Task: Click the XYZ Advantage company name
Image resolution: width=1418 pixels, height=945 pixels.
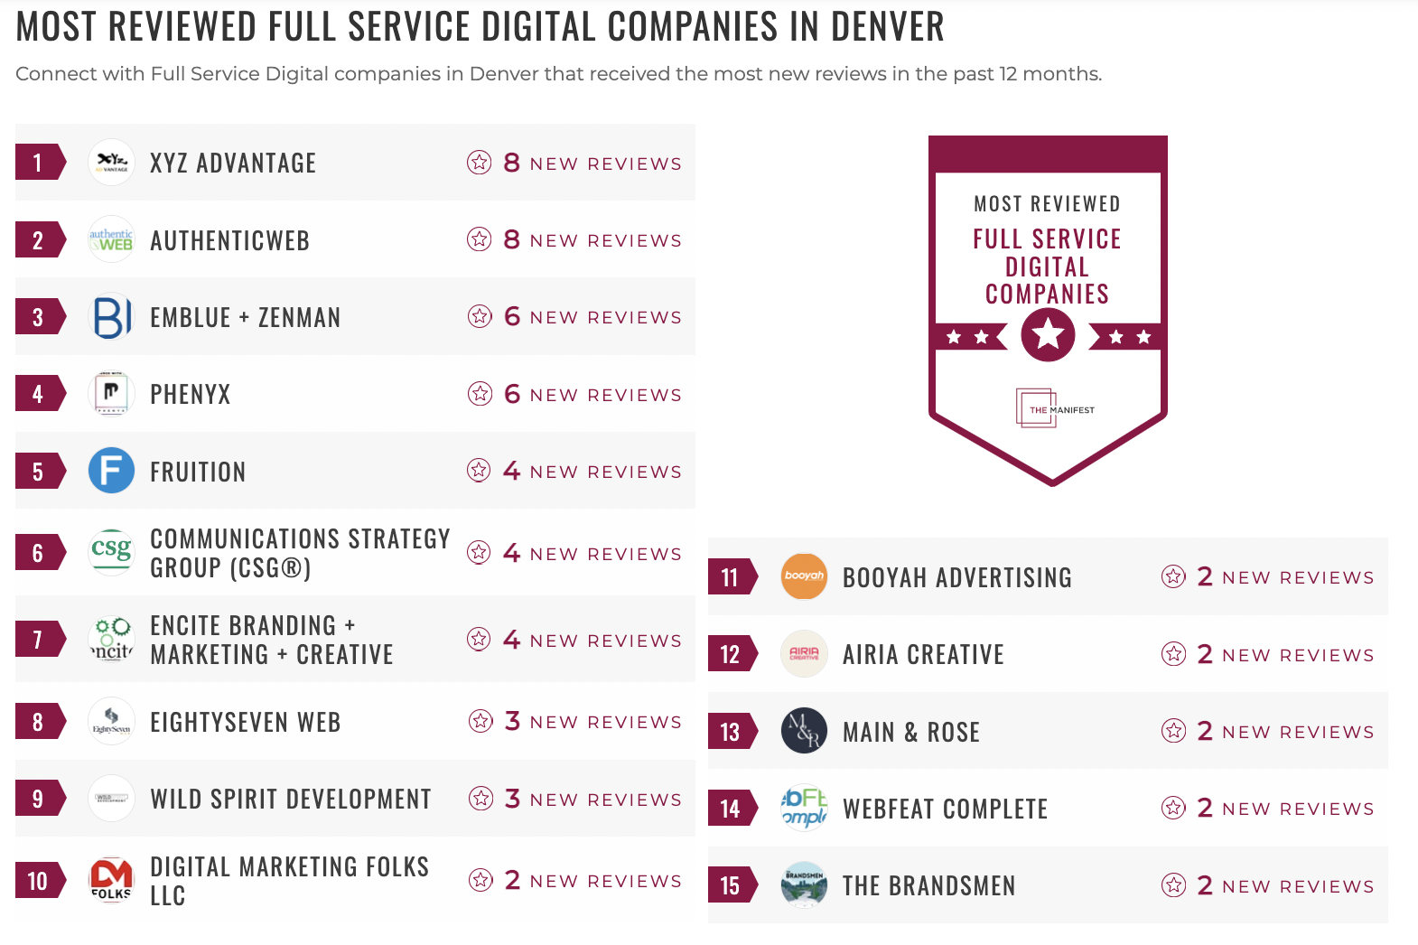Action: point(233,164)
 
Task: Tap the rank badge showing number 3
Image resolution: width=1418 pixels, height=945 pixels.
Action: point(38,317)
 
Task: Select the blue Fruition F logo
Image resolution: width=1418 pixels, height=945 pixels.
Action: point(111,471)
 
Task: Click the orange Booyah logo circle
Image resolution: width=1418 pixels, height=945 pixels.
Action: point(804,576)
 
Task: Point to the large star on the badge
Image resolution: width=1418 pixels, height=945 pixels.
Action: point(1048,335)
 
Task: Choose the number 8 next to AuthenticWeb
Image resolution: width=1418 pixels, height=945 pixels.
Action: point(511,239)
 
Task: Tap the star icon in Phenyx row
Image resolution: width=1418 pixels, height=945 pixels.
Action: point(480,394)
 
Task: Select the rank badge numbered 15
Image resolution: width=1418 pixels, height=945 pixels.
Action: point(730,885)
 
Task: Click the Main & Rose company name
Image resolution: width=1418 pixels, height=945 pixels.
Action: point(910,732)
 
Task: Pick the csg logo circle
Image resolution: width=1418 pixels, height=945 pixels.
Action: point(111,551)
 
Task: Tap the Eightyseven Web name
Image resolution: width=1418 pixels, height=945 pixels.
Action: point(245,722)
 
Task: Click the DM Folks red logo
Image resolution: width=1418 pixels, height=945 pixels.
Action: point(111,880)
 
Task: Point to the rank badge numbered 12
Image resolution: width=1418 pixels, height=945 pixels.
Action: point(730,654)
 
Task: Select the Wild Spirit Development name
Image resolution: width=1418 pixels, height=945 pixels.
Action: point(290,799)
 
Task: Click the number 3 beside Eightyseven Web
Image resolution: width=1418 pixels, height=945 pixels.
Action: point(512,721)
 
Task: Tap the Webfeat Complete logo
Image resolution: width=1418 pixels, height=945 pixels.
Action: point(804,808)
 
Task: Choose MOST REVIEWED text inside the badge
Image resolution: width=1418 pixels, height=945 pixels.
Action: point(1047,204)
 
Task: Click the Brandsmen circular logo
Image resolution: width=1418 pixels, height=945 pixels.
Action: point(804,885)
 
